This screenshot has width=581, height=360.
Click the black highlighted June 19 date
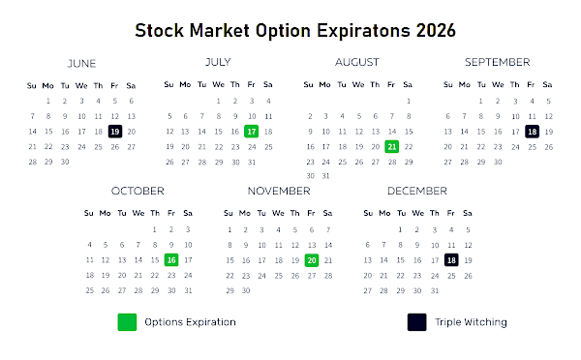(115, 132)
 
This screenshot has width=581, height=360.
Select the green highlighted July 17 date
(251, 132)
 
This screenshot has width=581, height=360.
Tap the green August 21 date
(391, 147)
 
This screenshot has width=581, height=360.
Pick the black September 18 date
(532, 132)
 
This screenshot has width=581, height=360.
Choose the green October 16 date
(171, 260)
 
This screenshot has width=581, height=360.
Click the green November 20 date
(312, 260)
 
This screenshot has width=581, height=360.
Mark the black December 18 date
(451, 260)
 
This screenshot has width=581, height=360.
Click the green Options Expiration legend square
(127, 322)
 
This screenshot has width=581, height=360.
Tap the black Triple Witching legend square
(416, 322)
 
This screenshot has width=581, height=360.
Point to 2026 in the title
(436, 30)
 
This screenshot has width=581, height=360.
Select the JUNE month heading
(81, 64)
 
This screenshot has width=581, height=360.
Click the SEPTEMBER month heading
(498, 62)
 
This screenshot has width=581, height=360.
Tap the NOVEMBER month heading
(279, 191)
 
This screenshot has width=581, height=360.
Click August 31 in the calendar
(325, 176)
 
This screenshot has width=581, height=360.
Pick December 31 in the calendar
(435, 290)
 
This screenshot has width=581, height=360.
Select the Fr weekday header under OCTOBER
(171, 213)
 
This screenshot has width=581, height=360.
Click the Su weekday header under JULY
(168, 84)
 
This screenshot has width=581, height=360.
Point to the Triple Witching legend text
(471, 322)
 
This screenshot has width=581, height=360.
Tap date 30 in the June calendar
(65, 162)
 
